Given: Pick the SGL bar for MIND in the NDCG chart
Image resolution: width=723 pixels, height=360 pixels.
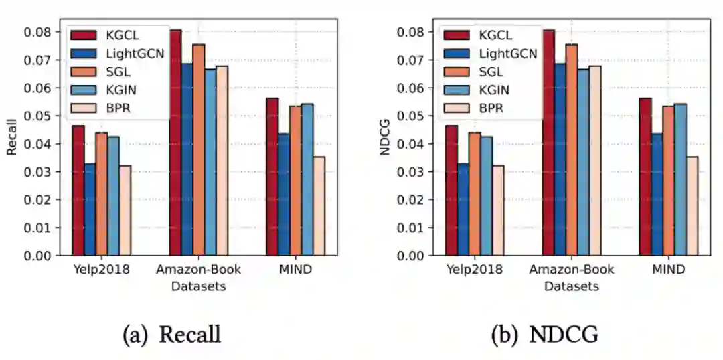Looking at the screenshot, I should point(669,181).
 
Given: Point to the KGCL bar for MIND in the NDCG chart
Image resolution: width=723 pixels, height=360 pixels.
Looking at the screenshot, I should point(645,177).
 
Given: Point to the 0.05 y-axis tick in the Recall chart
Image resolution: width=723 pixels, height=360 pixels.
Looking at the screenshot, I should point(39,116).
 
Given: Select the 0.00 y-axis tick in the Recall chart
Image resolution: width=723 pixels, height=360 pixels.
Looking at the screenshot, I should point(39,256).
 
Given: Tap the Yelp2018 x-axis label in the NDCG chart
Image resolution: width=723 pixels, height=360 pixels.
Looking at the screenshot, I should point(474,270).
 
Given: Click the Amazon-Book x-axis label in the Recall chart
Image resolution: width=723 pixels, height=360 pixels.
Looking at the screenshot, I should point(198,270).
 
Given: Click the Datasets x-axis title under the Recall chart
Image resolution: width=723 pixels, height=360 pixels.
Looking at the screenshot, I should point(198,286).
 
